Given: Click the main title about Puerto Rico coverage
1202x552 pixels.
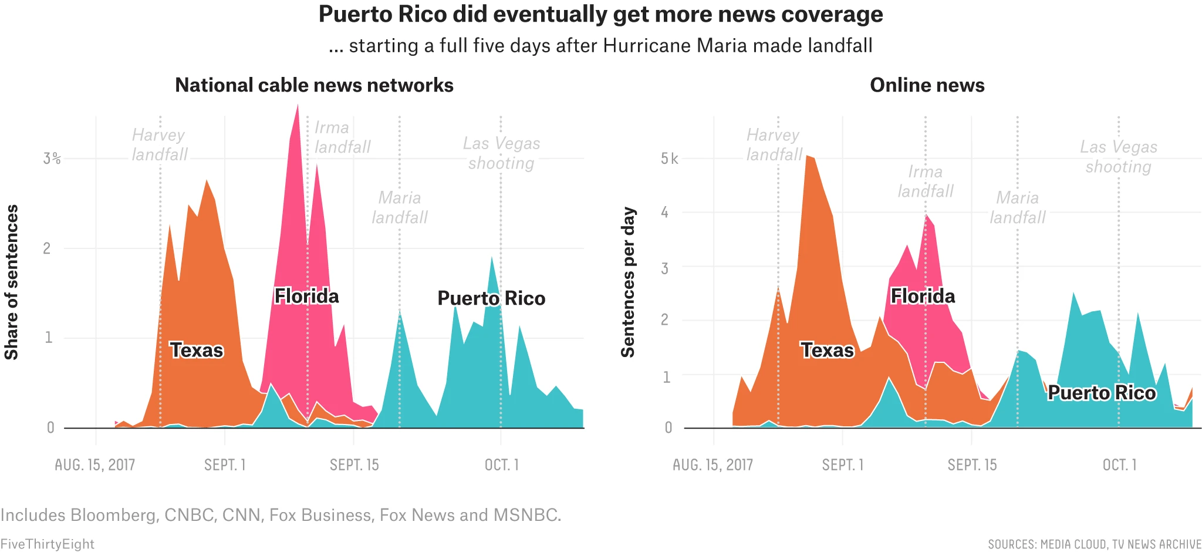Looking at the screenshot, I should tap(600, 15).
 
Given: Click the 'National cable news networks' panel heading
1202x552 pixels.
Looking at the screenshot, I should tap(314, 85).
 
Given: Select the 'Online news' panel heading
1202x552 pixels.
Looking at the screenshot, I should tap(927, 85).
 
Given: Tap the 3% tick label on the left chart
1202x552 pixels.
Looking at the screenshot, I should tap(52, 159).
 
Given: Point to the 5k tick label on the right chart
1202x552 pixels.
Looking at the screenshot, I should tap(669, 159).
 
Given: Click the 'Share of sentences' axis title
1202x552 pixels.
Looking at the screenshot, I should tap(12, 282).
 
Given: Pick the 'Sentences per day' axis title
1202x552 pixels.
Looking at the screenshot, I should tap(628, 282).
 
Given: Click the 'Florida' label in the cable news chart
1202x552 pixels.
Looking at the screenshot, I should tap(306, 296).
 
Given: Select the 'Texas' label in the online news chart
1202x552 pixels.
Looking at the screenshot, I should tap(827, 350).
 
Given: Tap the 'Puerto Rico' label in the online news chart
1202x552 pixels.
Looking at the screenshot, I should tap(1102, 392).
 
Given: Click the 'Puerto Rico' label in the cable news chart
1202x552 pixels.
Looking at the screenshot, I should tap(491, 298).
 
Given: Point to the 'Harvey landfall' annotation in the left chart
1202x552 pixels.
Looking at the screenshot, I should tap(159, 144).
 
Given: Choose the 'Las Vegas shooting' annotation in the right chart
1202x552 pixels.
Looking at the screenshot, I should tap(1119, 157).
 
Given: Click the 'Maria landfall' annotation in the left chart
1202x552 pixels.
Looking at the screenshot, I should tap(400, 207).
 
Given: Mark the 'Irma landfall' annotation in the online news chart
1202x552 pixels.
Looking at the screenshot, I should tap(926, 181).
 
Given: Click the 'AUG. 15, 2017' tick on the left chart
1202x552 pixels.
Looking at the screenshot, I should tap(95, 465).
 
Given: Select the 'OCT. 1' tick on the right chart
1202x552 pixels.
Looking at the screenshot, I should tap(1119, 465).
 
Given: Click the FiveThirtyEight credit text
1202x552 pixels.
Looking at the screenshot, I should tap(47, 544).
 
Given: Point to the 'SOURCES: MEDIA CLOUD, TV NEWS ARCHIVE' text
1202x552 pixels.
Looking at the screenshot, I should tap(1095, 544).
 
